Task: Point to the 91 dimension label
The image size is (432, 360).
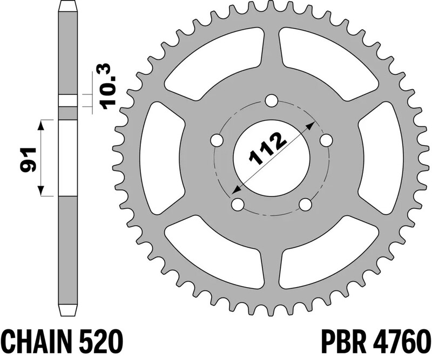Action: pyautogui.click(x=26, y=158)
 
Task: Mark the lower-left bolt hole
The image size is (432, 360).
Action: pyautogui.click(x=237, y=205)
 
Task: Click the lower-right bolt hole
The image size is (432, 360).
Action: pyautogui.click(x=305, y=205)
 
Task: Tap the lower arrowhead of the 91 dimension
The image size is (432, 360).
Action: pyautogui.click(x=40, y=193)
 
